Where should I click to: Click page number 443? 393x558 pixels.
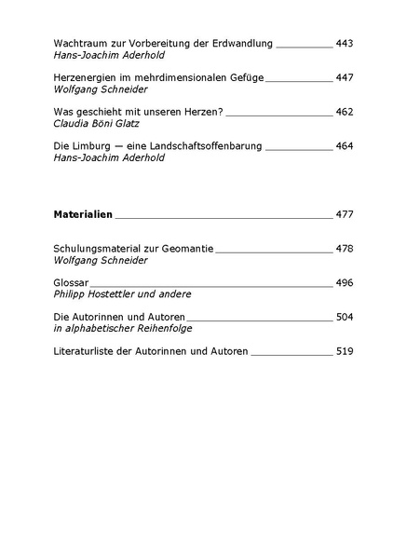click(346, 44)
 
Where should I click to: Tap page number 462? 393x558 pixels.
click(346, 111)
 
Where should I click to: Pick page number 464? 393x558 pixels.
click(346, 147)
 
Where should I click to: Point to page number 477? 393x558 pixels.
click(346, 214)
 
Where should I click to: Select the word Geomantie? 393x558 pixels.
click(187, 250)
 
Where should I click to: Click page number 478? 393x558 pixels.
click(346, 250)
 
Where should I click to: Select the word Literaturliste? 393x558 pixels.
click(88, 351)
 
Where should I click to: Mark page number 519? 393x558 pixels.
click(346, 351)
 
